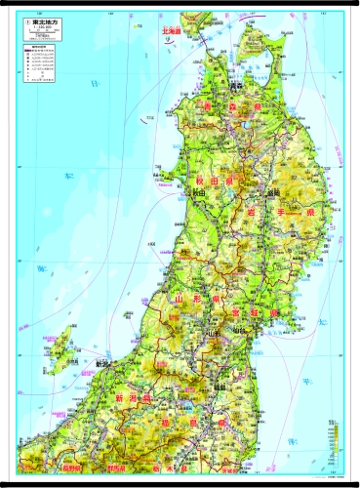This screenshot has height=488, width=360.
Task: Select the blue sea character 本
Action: tap(67, 176)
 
